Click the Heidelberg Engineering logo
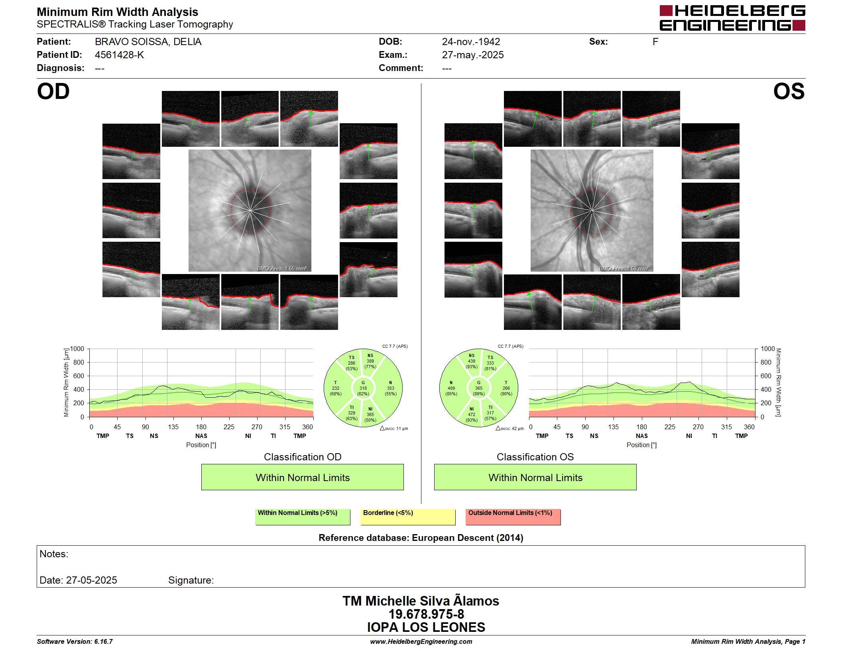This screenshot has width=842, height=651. coord(732,18)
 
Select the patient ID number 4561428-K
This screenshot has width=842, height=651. coord(119,55)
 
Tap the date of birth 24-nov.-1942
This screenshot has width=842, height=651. coord(471,42)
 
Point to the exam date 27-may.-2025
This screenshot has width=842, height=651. coord(473,55)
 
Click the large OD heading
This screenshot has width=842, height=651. coord(53,91)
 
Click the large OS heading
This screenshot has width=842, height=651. coord(789,91)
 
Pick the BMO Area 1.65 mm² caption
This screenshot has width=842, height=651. coord(282,268)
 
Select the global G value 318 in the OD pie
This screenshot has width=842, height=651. coord(363,388)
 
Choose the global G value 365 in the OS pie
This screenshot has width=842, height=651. coord(478,388)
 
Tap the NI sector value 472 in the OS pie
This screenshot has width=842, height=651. coord(472,414)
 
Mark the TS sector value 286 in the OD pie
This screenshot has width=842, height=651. coord(351,363)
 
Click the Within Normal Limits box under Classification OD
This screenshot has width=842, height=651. coord(303,477)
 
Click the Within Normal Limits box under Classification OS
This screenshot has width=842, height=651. coord(535,477)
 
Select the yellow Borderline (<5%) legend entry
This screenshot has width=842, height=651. coord(408,517)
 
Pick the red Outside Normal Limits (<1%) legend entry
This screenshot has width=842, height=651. coord(513,517)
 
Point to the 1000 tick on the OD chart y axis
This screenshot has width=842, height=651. coord(77,349)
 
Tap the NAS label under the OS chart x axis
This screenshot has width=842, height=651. coord(642,436)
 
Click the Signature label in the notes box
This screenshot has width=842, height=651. coord(191,580)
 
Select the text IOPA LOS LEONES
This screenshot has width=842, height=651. coord(426,627)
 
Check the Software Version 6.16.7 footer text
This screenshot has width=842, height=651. coord(75,641)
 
